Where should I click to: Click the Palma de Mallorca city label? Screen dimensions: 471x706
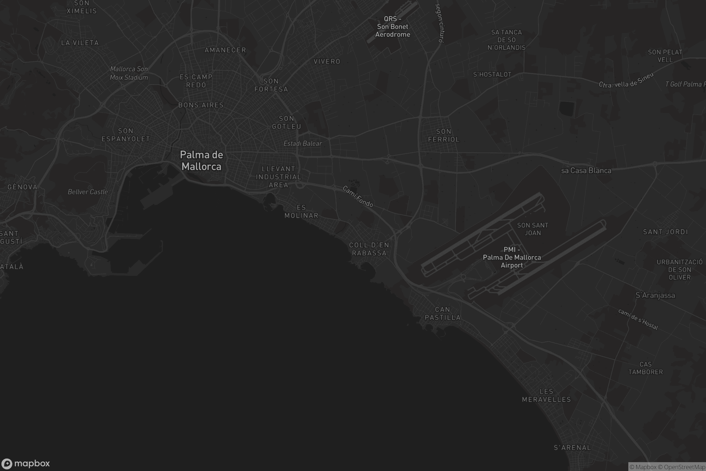(x=202, y=160)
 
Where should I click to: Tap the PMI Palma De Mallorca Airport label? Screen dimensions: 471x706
(x=512, y=257)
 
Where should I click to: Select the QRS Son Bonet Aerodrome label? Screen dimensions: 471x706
(x=392, y=27)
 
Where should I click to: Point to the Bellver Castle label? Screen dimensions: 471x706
(x=88, y=192)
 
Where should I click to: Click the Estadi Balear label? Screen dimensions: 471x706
(x=303, y=144)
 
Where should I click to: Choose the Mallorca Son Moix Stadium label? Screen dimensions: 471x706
(x=129, y=73)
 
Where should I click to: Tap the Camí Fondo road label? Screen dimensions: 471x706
(x=358, y=196)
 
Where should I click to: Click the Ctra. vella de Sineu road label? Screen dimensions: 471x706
(x=626, y=81)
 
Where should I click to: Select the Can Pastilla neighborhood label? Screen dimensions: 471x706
(x=442, y=313)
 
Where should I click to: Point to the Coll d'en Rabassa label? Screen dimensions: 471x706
(x=369, y=249)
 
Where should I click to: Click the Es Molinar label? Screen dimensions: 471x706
(x=301, y=211)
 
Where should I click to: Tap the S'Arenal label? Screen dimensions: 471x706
(x=572, y=447)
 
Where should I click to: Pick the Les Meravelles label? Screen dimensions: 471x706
(x=546, y=395)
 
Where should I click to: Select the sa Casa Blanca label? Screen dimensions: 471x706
(x=586, y=171)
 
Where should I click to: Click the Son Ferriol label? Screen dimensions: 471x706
(x=444, y=135)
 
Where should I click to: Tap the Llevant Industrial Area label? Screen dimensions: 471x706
(x=279, y=177)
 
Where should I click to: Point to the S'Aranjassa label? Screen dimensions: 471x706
(x=655, y=295)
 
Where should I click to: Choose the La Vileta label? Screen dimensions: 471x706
(x=80, y=43)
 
